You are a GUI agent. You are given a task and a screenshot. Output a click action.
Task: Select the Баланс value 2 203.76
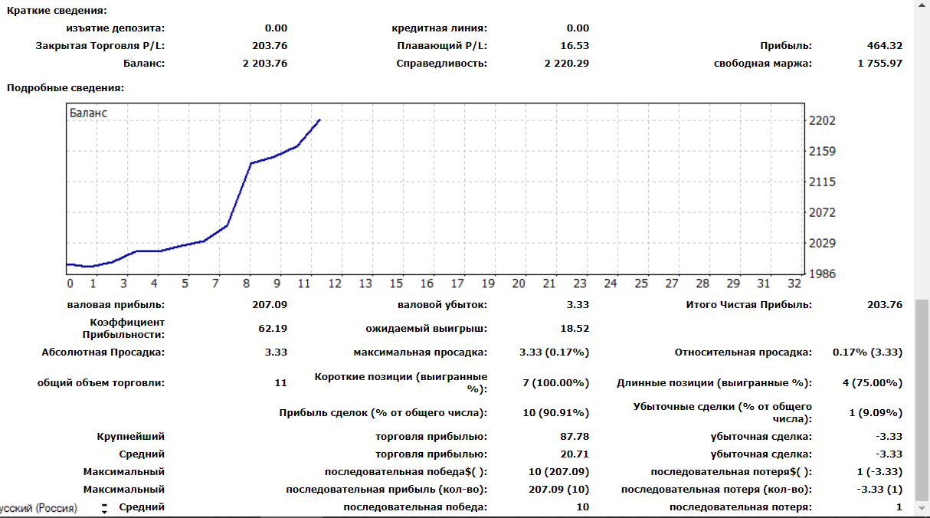(265, 64)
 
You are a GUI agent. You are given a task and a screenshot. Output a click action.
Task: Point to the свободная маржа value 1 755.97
(880, 64)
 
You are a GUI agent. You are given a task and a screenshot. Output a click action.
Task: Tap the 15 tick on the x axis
(396, 284)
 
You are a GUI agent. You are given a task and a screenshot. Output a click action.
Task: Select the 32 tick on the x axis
(794, 284)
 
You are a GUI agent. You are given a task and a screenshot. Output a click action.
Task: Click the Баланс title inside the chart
(89, 113)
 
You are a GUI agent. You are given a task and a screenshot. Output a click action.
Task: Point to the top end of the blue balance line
(319, 120)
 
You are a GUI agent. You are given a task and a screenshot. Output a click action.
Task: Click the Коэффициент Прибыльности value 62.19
(273, 329)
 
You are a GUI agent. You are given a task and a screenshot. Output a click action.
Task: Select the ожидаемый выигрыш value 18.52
(574, 329)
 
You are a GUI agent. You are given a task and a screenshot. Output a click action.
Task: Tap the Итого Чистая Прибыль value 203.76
(885, 305)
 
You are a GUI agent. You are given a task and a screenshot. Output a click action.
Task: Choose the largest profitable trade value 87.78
(574, 437)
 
